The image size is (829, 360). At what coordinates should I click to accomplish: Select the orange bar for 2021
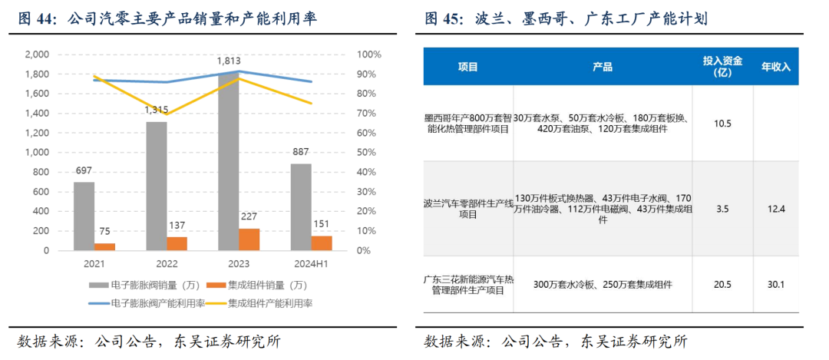pyautogui.click(x=104, y=246)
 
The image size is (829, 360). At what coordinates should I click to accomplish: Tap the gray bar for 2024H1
pyautogui.click(x=301, y=206)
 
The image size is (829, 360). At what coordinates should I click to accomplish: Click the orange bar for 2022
pyautogui.click(x=177, y=243)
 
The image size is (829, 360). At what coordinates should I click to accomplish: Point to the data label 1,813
pyautogui.click(x=227, y=61)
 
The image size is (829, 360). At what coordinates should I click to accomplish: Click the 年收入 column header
pyautogui.click(x=775, y=67)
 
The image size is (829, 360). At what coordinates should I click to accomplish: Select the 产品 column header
pyautogui.click(x=603, y=67)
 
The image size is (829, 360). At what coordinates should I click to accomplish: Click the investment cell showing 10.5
pyautogui.click(x=722, y=124)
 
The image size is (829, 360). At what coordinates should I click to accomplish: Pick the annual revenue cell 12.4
pyautogui.click(x=775, y=209)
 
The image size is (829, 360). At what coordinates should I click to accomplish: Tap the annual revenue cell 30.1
pyautogui.click(x=775, y=285)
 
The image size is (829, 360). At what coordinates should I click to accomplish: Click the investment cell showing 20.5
pyautogui.click(x=722, y=285)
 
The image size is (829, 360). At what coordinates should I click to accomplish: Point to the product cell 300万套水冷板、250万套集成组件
pyautogui.click(x=603, y=285)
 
